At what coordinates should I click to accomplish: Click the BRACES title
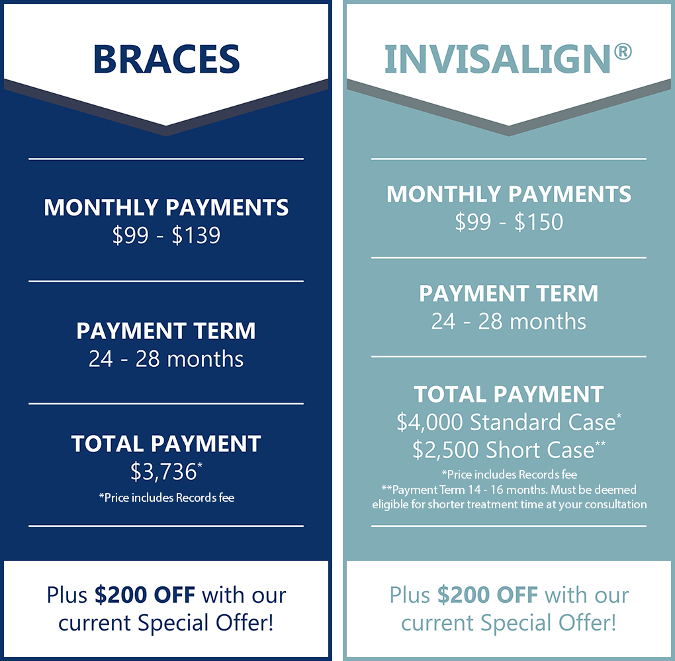click(166, 59)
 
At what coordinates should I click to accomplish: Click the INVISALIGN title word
click(498, 59)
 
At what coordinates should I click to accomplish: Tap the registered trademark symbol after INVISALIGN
click(623, 52)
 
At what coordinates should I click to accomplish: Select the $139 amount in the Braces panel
click(196, 235)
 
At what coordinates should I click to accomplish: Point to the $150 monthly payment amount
click(539, 222)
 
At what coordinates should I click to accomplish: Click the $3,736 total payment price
click(163, 471)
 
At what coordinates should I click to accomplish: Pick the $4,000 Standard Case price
click(506, 422)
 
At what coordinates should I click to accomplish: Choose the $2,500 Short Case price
click(503, 450)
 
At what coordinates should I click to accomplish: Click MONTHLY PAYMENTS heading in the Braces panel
click(166, 208)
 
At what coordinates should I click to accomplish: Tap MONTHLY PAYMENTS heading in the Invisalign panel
click(509, 194)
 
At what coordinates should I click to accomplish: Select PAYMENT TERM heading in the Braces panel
click(166, 330)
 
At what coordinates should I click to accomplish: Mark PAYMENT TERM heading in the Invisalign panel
click(509, 293)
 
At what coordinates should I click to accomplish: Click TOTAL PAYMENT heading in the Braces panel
click(166, 444)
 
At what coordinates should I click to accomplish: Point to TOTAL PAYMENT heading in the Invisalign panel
click(509, 395)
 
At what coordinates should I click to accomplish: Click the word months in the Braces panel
click(205, 359)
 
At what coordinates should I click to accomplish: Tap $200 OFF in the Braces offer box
click(145, 595)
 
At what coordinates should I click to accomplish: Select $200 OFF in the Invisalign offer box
click(487, 595)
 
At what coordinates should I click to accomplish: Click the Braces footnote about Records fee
click(167, 498)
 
